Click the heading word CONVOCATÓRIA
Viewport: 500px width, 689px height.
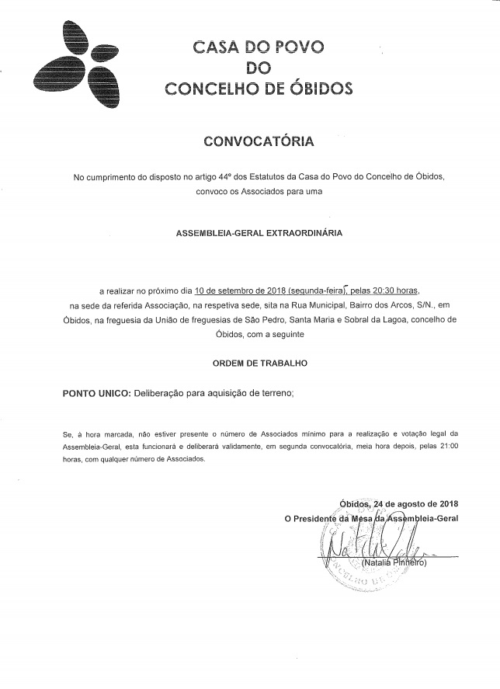pos(259,142)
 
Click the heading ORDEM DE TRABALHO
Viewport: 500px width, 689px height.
pos(259,363)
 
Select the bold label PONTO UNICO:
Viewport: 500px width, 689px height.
pos(96,394)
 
